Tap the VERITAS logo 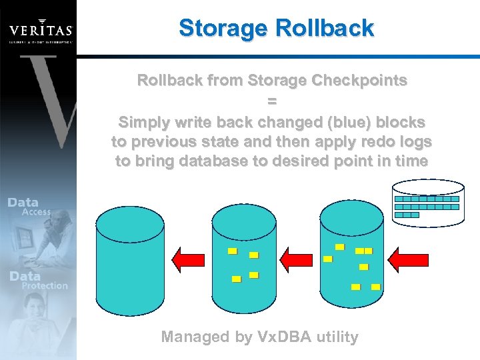pos(40,30)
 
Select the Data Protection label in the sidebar pos(37,280)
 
